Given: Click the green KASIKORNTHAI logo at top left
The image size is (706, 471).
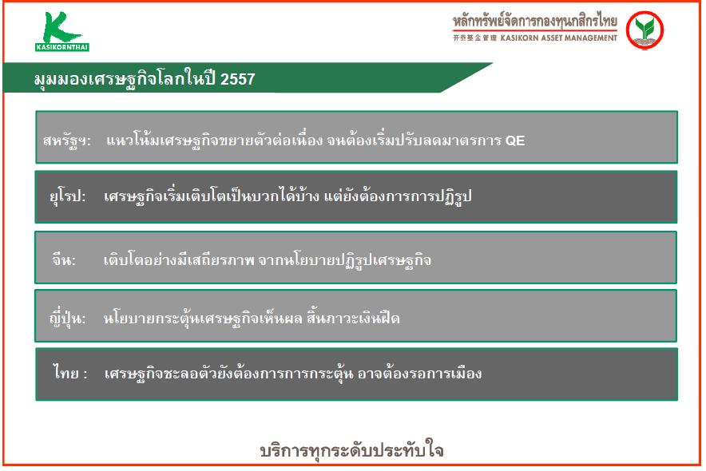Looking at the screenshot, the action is tap(62, 31).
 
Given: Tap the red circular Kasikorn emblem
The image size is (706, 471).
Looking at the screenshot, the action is tap(645, 30).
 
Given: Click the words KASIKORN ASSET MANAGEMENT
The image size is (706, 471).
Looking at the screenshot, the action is tap(559, 38).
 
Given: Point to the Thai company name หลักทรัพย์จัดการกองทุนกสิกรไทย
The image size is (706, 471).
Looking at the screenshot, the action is tap(535, 22).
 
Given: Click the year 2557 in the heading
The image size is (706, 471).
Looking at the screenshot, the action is tap(238, 79).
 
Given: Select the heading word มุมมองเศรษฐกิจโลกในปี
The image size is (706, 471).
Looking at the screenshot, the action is tap(125, 79).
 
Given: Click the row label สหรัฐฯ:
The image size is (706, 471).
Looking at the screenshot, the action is tap(67, 141).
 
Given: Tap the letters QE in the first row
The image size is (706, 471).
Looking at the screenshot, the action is tap(515, 141).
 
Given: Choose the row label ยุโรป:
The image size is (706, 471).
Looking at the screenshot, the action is tap(68, 196).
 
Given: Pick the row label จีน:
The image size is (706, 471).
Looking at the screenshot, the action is tap(64, 259).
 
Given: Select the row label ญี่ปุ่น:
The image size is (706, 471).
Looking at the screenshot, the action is tap(68, 318).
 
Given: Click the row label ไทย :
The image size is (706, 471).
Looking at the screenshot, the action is tap(70, 373).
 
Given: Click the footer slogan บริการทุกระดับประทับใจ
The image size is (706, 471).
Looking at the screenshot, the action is tap(352, 450).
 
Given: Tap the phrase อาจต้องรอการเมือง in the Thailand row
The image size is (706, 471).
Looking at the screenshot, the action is tap(419, 374).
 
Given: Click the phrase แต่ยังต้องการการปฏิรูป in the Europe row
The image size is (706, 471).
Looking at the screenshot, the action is tap(398, 196).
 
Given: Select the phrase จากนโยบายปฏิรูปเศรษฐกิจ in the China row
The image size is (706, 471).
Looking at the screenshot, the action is tap(345, 259).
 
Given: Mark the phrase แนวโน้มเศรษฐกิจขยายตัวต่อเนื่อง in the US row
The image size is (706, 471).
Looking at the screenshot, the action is tap(214, 141).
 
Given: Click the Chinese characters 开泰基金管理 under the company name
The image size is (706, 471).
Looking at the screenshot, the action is tap(474, 38).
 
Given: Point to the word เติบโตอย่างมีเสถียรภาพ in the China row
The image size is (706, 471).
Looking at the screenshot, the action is tap(179, 259).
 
